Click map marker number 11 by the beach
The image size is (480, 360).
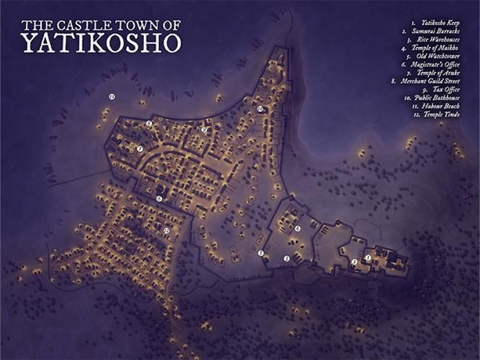pyautogui.click(x=112, y=96)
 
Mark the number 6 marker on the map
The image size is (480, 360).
pyautogui.click(x=159, y=199)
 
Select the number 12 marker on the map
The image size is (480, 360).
pyautogui.click(x=167, y=230)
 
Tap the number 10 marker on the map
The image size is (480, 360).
pyautogui.click(x=260, y=109)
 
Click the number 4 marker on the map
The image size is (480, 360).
pyautogui.click(x=298, y=229)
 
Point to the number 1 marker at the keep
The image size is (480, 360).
pyautogui.click(x=368, y=258)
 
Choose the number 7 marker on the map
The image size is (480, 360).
pyautogui.click(x=139, y=149)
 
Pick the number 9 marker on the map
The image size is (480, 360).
pyautogui.click(x=204, y=129)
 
